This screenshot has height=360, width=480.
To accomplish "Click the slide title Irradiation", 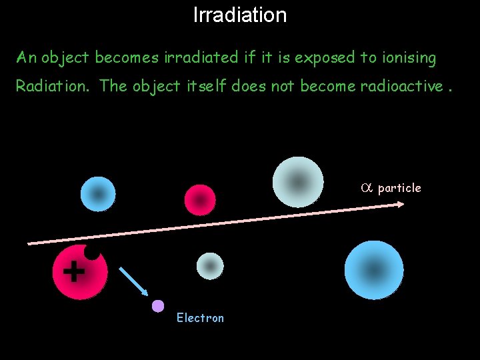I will [240, 15].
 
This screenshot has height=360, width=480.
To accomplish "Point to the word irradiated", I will [202, 58].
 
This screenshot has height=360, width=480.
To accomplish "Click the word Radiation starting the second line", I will [54, 86].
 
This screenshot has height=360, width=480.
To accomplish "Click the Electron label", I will [200, 318].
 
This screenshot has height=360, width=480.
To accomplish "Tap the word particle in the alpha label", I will [399, 188].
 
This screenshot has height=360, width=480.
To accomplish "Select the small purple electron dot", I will [158, 306].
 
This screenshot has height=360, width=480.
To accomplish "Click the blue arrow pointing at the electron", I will [134, 281].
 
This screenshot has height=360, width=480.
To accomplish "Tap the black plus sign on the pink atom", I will [73, 271].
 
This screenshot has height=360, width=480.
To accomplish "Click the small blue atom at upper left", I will [98, 194].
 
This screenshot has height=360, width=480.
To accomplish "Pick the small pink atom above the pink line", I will [200, 200].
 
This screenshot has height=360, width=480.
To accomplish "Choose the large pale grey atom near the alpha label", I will [298, 181].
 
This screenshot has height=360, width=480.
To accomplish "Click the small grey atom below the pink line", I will [210, 266].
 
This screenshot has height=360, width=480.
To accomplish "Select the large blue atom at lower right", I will [374, 270].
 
